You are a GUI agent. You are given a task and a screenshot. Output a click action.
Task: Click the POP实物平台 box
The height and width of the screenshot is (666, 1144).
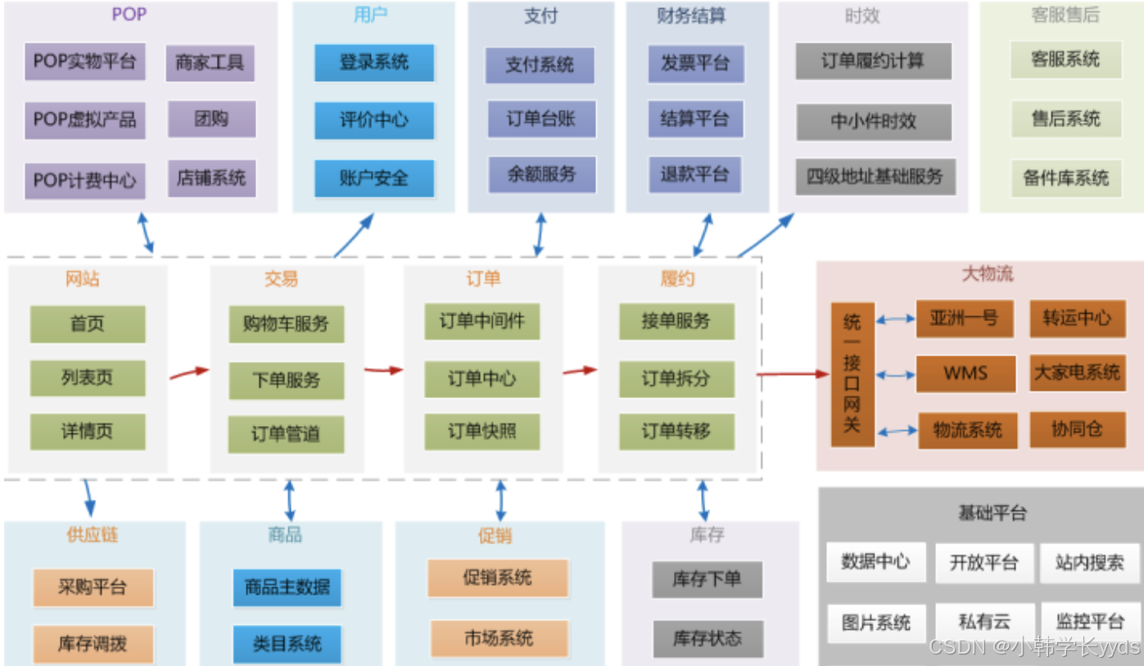point(84,61)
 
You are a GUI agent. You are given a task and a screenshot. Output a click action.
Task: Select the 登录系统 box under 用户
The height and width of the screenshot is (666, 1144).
point(373,62)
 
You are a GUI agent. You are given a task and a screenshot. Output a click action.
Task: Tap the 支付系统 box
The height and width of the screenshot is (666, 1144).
point(539,65)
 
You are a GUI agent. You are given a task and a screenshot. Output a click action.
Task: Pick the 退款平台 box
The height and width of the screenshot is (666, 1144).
point(694,174)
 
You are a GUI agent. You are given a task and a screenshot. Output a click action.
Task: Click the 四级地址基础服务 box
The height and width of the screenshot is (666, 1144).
point(875,176)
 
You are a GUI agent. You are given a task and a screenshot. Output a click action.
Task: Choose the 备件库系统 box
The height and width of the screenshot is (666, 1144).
point(1065,178)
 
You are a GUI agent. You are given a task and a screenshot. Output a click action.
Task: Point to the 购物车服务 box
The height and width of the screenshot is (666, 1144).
point(286,324)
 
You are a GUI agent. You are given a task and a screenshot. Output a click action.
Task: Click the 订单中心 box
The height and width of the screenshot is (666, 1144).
point(482,378)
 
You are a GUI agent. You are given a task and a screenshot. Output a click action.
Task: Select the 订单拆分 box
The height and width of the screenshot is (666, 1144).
point(676,380)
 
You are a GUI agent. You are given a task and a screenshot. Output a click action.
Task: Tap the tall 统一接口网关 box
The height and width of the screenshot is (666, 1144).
point(852,374)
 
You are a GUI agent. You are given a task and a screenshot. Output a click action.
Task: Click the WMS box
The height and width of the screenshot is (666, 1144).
point(965,374)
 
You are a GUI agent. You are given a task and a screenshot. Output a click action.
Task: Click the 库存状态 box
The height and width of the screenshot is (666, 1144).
point(708,638)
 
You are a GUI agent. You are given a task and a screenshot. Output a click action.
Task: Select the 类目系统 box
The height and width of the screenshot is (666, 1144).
point(287,644)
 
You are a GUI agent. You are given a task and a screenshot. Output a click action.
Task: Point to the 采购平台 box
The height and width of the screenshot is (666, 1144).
point(93,587)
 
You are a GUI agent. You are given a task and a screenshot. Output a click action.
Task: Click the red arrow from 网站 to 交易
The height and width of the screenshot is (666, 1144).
point(189,374)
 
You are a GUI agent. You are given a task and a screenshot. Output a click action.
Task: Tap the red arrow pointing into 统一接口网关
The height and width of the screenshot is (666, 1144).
point(793,374)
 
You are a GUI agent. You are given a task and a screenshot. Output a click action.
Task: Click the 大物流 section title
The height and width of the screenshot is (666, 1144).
point(987,274)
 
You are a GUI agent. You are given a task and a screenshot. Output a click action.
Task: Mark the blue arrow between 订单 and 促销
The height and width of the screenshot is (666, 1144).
point(500,499)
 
